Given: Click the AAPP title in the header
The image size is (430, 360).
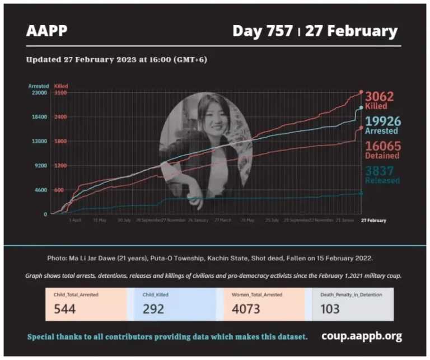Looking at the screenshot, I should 46,30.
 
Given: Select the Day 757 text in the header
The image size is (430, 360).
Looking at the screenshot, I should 262,31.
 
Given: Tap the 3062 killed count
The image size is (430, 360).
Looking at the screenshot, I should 380,96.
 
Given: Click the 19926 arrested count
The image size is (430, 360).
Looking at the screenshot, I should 381,121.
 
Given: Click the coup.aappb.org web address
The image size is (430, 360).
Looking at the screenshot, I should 361,336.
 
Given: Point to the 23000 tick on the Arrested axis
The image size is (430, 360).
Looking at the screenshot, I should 39,93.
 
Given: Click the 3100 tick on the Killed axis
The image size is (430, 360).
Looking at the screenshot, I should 60,93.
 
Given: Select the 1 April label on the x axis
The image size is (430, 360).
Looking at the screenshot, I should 75,221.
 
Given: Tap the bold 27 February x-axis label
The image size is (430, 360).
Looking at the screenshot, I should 373,221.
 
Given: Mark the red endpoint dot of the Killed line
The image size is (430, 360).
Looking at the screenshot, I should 361,92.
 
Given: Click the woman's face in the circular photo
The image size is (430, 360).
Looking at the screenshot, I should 205,117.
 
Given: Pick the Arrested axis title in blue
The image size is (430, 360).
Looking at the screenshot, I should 39,86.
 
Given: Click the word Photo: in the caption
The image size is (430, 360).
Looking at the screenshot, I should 58,259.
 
